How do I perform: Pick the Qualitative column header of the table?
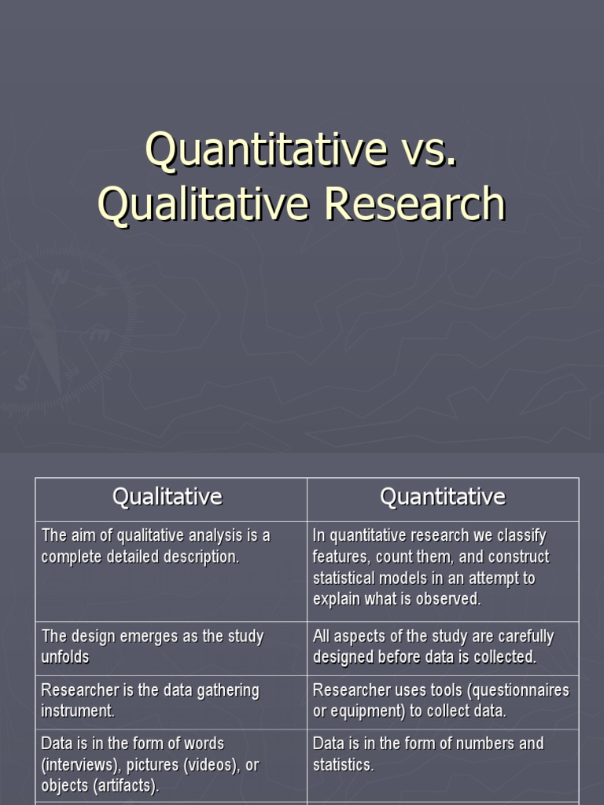168,497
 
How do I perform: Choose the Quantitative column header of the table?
442,497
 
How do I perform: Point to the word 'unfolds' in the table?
65,657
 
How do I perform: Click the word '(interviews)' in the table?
82,764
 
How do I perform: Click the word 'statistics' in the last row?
343,764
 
